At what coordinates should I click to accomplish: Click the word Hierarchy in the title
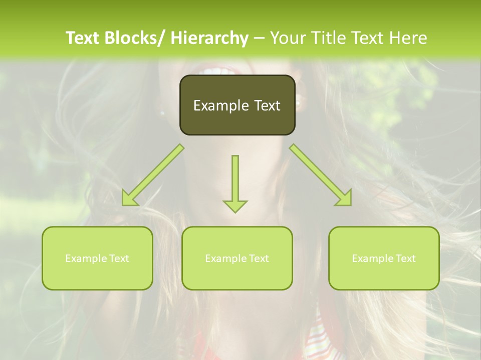pyautogui.click(x=209, y=38)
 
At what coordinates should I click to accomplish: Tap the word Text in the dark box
pyautogui.click(x=267, y=105)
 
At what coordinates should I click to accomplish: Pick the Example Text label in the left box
pyautogui.click(x=97, y=258)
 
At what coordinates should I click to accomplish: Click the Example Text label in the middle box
pyautogui.click(x=237, y=258)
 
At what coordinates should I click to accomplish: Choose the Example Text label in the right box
pyautogui.click(x=384, y=258)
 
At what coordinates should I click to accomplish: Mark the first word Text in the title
pyautogui.click(x=83, y=38)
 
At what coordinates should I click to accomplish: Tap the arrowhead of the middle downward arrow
pyautogui.click(x=235, y=205)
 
